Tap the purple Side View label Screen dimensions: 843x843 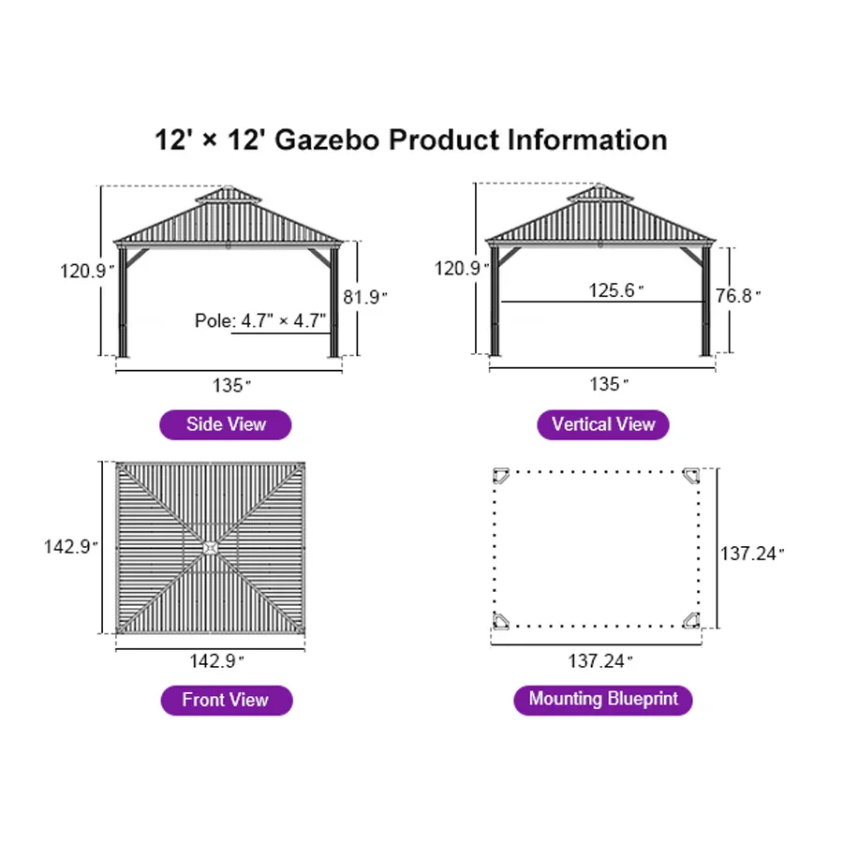pos(226,424)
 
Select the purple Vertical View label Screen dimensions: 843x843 pos(603,424)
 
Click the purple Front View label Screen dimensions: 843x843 pos(226,700)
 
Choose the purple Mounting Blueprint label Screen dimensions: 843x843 pos(603,699)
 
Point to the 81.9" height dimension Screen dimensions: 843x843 pos(365,297)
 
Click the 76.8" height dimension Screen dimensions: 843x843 pos(738,297)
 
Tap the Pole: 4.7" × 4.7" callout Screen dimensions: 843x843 pos(260,320)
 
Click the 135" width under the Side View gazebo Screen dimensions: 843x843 pos(230,385)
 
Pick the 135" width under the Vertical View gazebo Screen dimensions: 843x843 pos(605,384)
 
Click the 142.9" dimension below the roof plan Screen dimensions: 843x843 pos(216,661)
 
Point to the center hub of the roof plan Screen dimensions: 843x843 pos(211,547)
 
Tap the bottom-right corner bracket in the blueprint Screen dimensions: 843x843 pos(691,619)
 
